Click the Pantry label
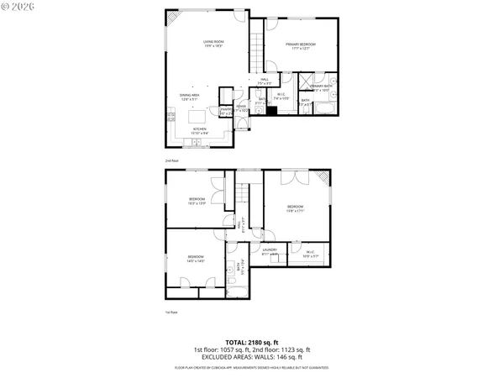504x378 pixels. [x=225, y=110]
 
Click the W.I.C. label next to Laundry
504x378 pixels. [x=310, y=253]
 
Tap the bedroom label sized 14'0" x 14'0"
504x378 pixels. [x=195, y=259]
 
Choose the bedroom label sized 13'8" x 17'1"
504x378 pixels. [x=295, y=208]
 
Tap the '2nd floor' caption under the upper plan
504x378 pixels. [x=171, y=160]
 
